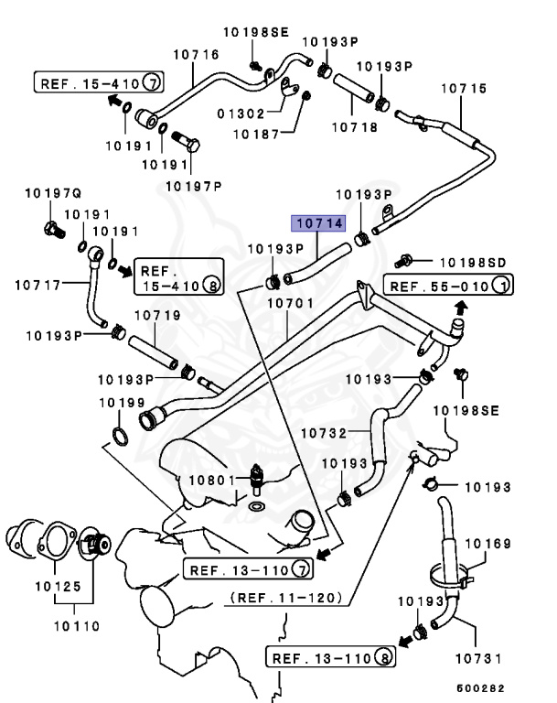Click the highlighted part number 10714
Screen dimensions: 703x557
click(x=316, y=223)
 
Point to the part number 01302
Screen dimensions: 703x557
click(x=240, y=114)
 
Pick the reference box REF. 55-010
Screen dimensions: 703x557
click(x=447, y=287)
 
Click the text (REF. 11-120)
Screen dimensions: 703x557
click(x=286, y=598)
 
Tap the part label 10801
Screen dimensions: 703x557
click(x=212, y=480)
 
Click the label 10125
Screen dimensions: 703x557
click(x=58, y=586)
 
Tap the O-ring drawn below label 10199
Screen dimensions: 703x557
click(x=119, y=431)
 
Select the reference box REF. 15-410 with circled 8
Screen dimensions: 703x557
click(x=179, y=277)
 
